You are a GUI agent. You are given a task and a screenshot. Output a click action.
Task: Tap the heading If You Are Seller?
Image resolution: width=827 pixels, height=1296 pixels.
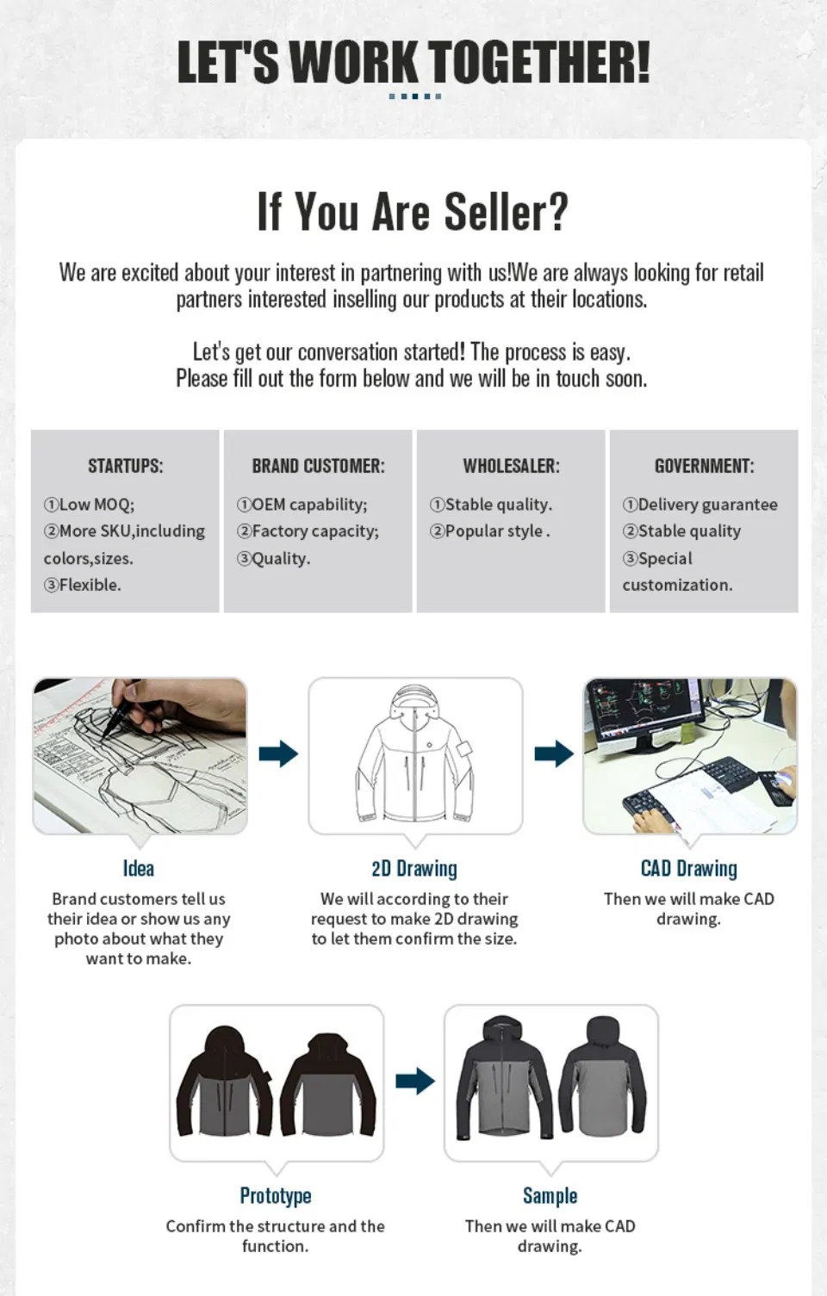tap(413, 211)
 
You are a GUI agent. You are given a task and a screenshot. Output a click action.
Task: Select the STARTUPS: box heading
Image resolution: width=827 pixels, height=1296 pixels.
tap(126, 466)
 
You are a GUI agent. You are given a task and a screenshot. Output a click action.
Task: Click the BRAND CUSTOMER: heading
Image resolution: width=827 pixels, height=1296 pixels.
tap(318, 466)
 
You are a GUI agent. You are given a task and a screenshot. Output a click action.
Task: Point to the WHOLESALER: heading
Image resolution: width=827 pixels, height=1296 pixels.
tap(512, 466)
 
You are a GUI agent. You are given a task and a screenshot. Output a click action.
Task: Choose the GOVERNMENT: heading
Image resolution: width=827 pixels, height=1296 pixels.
tap(705, 466)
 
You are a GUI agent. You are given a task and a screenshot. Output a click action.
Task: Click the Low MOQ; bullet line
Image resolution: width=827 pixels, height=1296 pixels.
tap(89, 505)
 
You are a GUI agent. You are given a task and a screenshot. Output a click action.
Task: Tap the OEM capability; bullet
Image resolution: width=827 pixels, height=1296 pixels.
tap(302, 505)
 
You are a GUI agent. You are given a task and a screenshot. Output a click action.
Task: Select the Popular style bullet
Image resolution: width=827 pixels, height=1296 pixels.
tap(489, 531)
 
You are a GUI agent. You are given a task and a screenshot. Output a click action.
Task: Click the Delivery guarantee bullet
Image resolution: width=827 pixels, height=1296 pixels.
tap(700, 505)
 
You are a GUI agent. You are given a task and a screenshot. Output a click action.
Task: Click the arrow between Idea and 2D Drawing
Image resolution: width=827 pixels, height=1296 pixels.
tap(278, 753)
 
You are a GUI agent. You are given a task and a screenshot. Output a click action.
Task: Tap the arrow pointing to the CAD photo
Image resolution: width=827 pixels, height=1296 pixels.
tap(554, 753)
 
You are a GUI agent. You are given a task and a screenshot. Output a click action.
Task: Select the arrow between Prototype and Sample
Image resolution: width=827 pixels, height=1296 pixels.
tap(415, 1081)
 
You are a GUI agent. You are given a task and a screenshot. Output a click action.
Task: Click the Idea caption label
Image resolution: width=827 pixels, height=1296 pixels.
tap(139, 868)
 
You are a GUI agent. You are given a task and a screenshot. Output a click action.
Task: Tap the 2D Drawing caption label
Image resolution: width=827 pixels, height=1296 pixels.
tap(414, 868)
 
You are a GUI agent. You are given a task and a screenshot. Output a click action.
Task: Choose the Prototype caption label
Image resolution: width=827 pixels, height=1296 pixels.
tap(276, 1195)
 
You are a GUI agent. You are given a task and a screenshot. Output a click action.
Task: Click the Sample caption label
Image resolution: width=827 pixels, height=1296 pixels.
tap(550, 1195)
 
